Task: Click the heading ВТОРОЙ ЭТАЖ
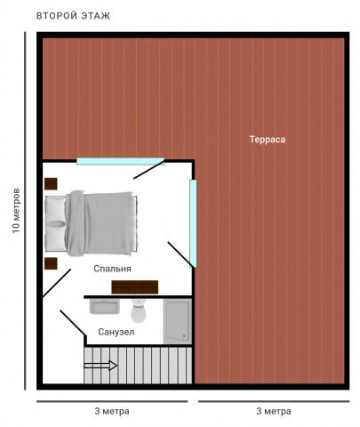click(x=73, y=16)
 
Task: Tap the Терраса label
click(x=268, y=140)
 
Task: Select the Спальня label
click(x=112, y=269)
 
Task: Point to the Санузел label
click(x=116, y=332)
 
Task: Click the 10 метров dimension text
click(x=16, y=210)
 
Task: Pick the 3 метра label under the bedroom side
click(x=112, y=411)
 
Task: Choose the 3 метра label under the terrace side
click(x=274, y=411)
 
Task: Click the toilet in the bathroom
click(x=139, y=310)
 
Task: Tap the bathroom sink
click(x=105, y=306)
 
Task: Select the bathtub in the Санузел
click(x=178, y=321)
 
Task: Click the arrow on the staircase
click(x=100, y=366)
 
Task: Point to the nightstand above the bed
click(x=51, y=183)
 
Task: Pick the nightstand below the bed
click(x=51, y=263)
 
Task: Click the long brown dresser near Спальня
click(x=135, y=287)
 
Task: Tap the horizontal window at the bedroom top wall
click(x=120, y=161)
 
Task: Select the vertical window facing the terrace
click(x=193, y=223)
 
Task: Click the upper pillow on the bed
click(x=56, y=210)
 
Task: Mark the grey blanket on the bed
click(x=100, y=223)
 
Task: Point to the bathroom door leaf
click(x=72, y=323)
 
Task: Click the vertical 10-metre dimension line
click(x=25, y=211)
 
